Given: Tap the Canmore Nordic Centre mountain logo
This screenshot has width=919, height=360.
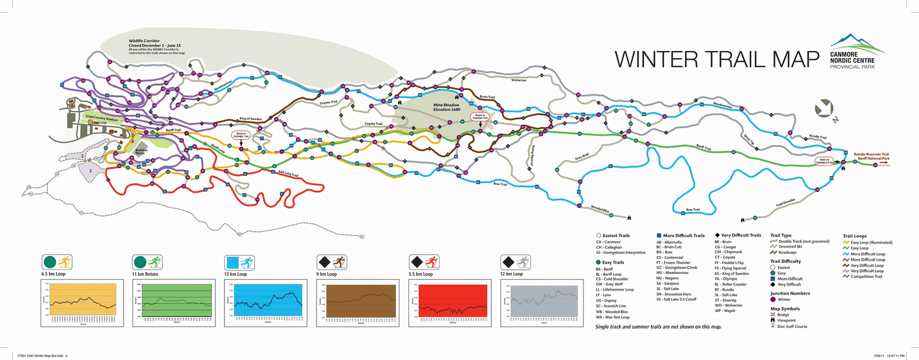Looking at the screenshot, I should point(856,42).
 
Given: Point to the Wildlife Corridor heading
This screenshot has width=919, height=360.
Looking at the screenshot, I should point(144,41).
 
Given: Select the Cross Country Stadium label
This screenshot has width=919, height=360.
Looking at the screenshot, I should point(102,118).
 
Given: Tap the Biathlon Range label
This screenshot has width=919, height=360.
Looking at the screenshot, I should point(141,152).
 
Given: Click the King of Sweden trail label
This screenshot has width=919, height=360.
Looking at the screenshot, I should point(250,119).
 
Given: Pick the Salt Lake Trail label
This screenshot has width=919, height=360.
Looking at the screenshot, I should point(288,173).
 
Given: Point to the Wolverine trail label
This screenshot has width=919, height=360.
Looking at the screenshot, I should point(519,80).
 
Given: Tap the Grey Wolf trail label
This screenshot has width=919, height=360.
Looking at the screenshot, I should point(582,157).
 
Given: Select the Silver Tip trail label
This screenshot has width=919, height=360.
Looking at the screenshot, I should point(748,140).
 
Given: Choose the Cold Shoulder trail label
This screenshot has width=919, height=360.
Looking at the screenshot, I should point(786,202).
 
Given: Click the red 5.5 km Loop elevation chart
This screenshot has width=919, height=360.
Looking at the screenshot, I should point(453,300).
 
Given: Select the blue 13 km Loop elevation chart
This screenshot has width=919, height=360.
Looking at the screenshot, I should point(268,300).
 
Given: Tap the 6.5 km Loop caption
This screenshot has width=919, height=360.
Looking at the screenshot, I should point(53,274).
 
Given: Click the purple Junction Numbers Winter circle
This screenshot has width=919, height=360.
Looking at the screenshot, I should point(773,300).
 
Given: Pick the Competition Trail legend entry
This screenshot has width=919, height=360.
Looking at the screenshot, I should point(866,277).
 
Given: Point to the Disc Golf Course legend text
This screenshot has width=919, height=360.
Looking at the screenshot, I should point(792,327).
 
